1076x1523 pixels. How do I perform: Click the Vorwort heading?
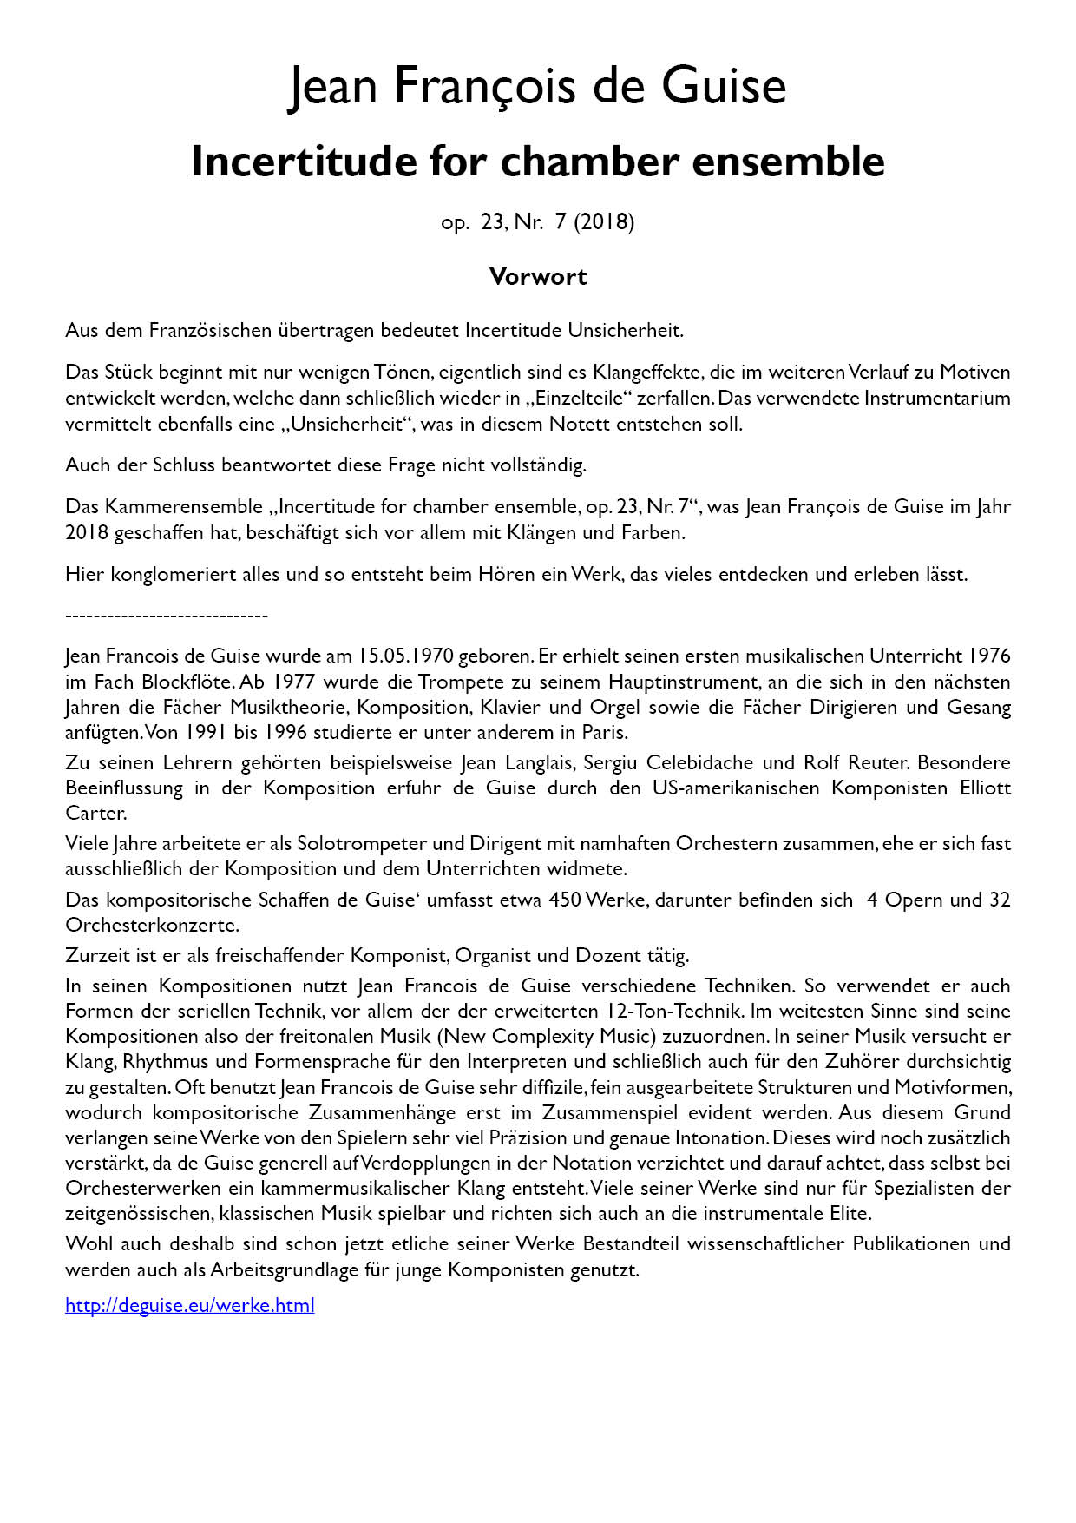538,277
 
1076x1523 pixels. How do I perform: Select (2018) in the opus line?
604,222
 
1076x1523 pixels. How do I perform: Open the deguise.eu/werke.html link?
190,1305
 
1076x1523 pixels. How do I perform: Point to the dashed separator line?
167,616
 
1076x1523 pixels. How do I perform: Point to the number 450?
565,900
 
